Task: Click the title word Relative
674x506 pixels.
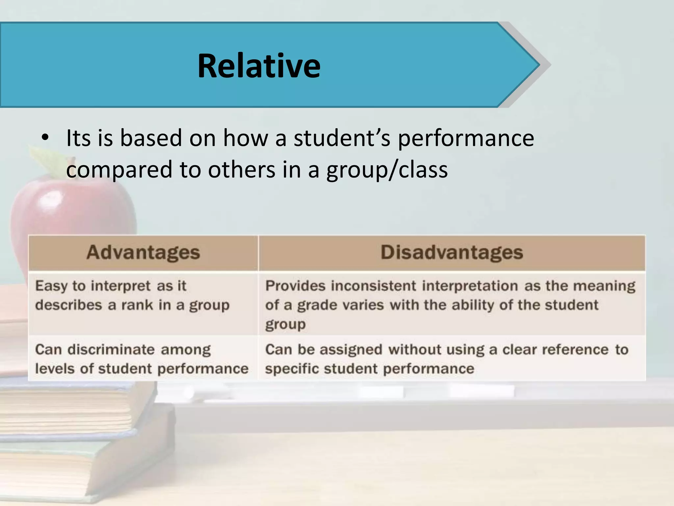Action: coord(259,66)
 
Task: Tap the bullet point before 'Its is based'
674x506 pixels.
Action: coord(45,138)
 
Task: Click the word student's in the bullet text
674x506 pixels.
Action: coord(342,138)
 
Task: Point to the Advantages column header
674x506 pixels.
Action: coord(143,253)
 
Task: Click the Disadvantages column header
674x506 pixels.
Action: coord(452,253)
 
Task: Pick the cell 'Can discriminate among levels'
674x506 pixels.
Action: coord(142,359)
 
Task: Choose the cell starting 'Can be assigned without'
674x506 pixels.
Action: coord(447,359)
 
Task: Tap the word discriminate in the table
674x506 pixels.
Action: coord(111,350)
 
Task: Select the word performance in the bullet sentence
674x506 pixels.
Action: coord(466,138)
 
